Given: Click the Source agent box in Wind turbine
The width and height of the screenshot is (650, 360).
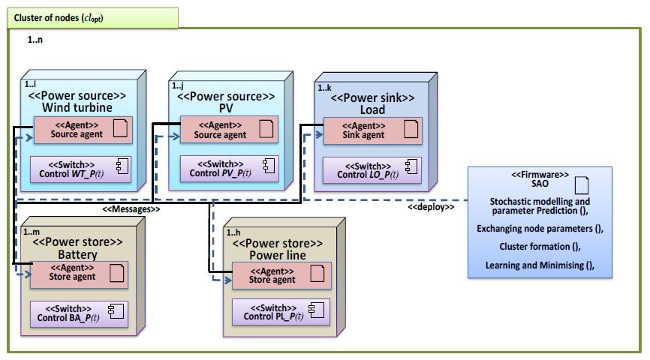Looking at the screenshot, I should (80, 129).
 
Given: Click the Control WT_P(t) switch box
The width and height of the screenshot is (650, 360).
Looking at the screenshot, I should (80, 169).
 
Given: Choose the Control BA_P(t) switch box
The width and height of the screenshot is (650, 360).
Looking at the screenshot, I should (78, 313).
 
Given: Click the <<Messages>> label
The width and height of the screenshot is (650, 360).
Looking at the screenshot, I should (131, 210).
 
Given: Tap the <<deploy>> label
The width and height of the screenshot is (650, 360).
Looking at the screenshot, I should (431, 207).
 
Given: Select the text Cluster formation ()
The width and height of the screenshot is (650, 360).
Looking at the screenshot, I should (540, 246).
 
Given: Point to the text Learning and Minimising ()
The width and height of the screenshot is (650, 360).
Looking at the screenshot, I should (540, 265).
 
